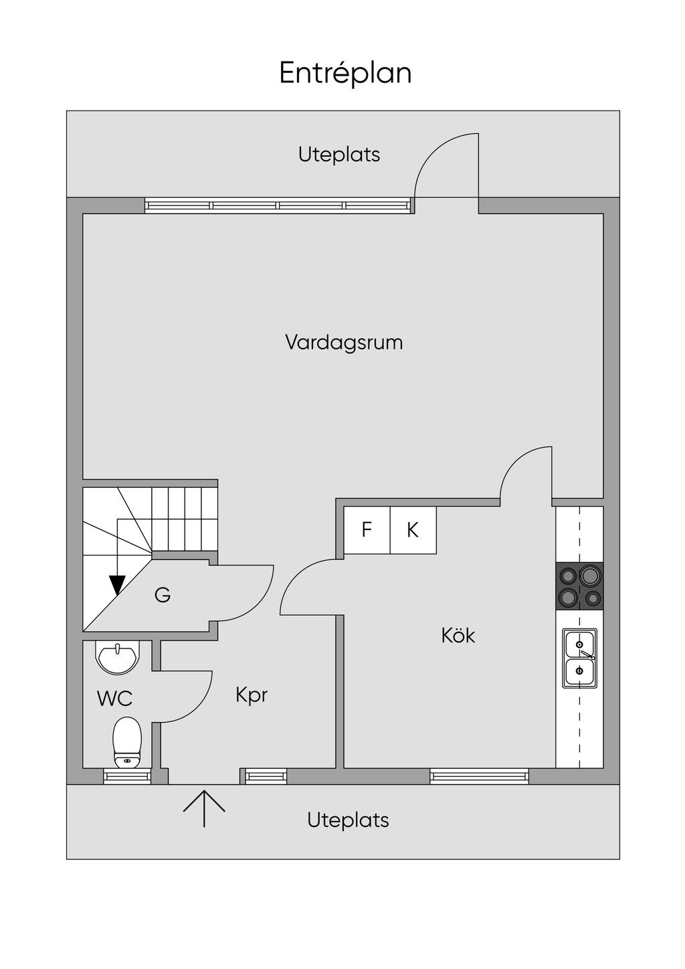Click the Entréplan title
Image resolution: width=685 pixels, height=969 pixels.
click(345, 73)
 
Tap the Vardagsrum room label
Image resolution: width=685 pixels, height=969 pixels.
click(345, 342)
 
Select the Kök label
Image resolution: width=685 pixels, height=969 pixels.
click(458, 636)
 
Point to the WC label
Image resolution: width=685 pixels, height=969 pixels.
click(114, 699)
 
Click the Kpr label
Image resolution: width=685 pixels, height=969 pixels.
click(252, 696)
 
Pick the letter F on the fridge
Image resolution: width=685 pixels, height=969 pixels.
click(367, 529)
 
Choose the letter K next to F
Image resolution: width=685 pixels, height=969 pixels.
click(413, 529)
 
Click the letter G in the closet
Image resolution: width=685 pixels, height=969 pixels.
click(163, 595)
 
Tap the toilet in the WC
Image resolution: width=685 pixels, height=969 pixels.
click(127, 742)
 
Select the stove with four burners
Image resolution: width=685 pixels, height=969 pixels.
click(579, 586)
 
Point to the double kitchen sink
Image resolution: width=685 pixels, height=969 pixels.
click(579, 658)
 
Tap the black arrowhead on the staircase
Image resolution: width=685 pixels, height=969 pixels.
click(117, 586)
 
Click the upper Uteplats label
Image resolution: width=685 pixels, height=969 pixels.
click(339, 155)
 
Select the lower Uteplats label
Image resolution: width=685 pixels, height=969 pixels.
click(348, 820)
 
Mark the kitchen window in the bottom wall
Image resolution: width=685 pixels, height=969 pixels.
click(479, 776)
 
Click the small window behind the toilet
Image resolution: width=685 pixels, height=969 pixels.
click(127, 776)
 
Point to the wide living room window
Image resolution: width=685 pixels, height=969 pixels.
click(278, 205)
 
